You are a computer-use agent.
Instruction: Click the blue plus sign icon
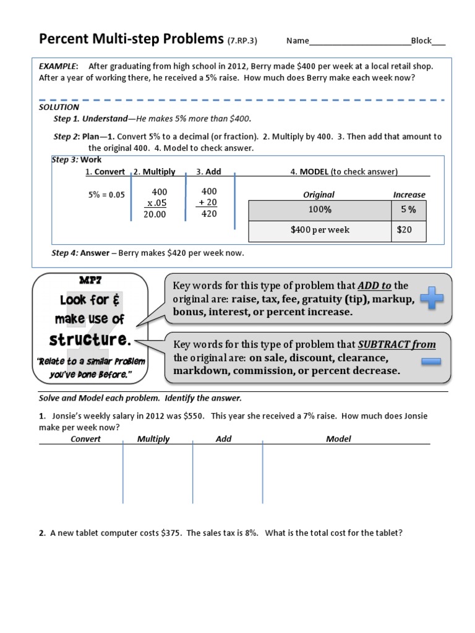[432, 300]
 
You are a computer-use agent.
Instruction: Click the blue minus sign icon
[432, 360]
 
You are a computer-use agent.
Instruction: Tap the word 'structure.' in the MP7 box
[91, 339]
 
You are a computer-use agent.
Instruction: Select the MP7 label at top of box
[90, 281]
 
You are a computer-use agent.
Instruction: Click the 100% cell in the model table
[320, 210]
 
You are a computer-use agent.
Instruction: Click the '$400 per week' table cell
[320, 230]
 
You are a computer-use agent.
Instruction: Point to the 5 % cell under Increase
[408, 210]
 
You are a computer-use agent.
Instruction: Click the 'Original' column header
[319, 195]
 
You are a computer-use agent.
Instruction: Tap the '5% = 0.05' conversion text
[106, 195]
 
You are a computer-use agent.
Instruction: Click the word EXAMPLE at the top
[58, 66]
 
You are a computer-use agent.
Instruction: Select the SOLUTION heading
[59, 107]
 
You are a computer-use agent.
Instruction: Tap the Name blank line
[360, 42]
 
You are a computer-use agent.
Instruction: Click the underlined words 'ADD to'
[374, 286]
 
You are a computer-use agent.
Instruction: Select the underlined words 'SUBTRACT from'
[397, 344]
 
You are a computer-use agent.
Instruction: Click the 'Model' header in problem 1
[338, 439]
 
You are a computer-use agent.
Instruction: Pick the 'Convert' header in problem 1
[85, 439]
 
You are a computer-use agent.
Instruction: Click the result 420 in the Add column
[209, 215]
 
